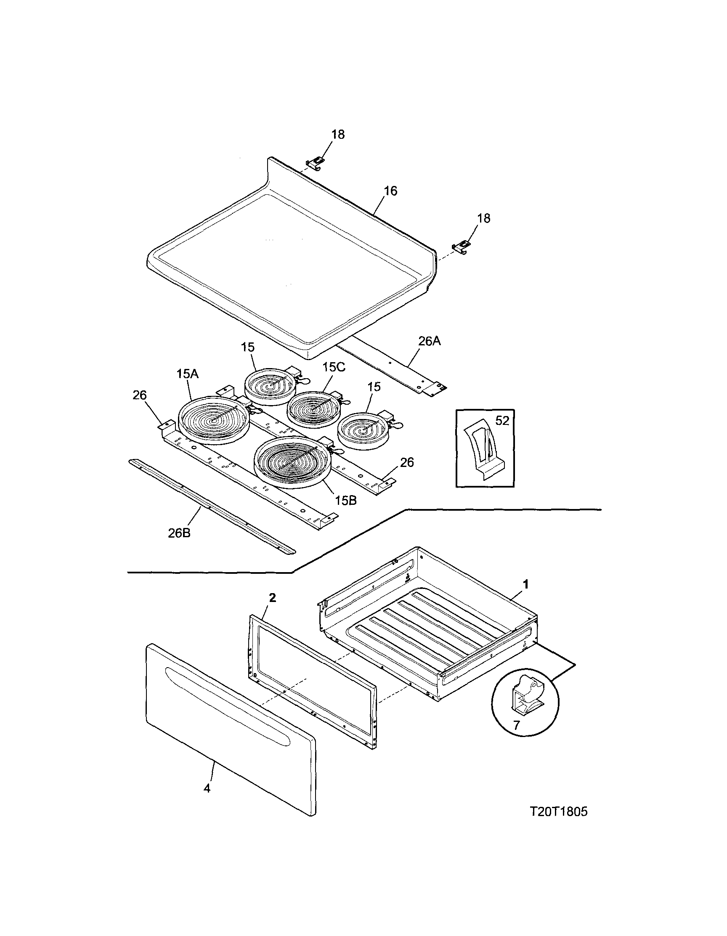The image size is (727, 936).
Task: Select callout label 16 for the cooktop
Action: coord(390,191)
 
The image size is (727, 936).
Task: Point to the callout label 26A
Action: coord(429,341)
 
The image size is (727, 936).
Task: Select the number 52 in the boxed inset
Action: coord(502,421)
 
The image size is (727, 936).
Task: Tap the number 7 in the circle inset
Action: coord(516,725)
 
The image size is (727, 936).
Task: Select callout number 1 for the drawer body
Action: coord(525,584)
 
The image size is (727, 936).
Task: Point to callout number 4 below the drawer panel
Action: coord(207,788)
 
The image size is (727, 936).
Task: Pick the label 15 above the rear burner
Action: coord(247,347)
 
